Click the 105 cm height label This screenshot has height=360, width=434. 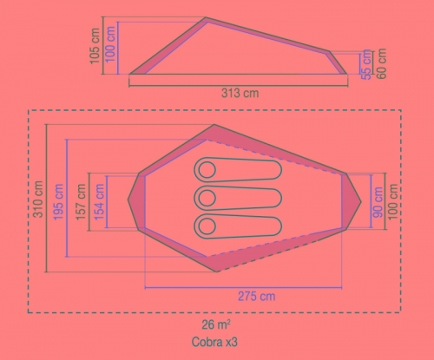95,46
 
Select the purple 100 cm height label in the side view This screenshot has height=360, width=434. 110,44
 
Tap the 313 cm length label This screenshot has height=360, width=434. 240,93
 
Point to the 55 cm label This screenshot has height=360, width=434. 366,64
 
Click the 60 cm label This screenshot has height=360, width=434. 382,63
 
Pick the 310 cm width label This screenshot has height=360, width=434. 38,199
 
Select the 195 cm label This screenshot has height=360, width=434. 58,201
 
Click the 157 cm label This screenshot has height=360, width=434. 81,202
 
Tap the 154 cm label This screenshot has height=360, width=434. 99,202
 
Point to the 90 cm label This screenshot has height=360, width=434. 378,202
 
